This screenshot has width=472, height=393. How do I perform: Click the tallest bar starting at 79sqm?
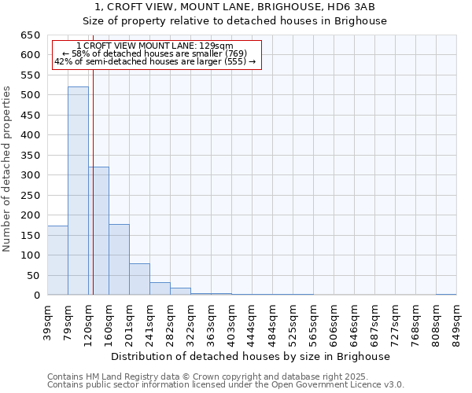click(78, 191)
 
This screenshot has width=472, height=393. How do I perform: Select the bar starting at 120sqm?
click(98, 231)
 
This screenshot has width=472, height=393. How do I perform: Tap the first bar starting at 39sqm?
click(57, 260)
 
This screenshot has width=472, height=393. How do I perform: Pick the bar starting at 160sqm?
click(119, 259)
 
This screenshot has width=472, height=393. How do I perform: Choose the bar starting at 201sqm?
click(139, 279)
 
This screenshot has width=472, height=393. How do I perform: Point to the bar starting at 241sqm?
click(160, 288)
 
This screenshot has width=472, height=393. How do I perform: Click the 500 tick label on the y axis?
click(31, 95)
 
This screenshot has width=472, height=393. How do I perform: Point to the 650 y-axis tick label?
click(31, 35)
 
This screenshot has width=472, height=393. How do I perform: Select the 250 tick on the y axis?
click(31, 195)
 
